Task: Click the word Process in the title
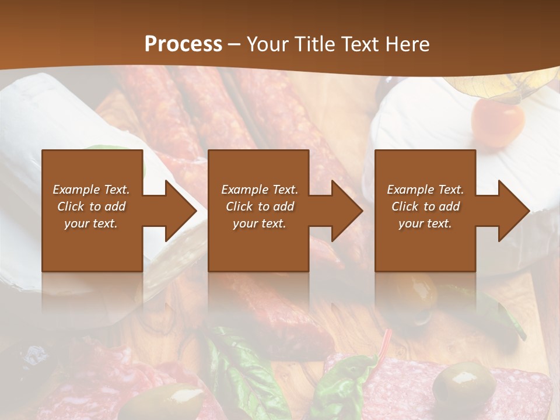(x=183, y=44)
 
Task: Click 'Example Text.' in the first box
(x=91, y=190)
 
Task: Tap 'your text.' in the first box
(x=91, y=223)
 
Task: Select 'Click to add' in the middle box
(x=260, y=206)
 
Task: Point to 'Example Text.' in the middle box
(x=260, y=190)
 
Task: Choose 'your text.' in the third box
(x=425, y=223)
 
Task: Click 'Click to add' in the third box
(x=425, y=206)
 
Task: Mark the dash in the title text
(x=234, y=44)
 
